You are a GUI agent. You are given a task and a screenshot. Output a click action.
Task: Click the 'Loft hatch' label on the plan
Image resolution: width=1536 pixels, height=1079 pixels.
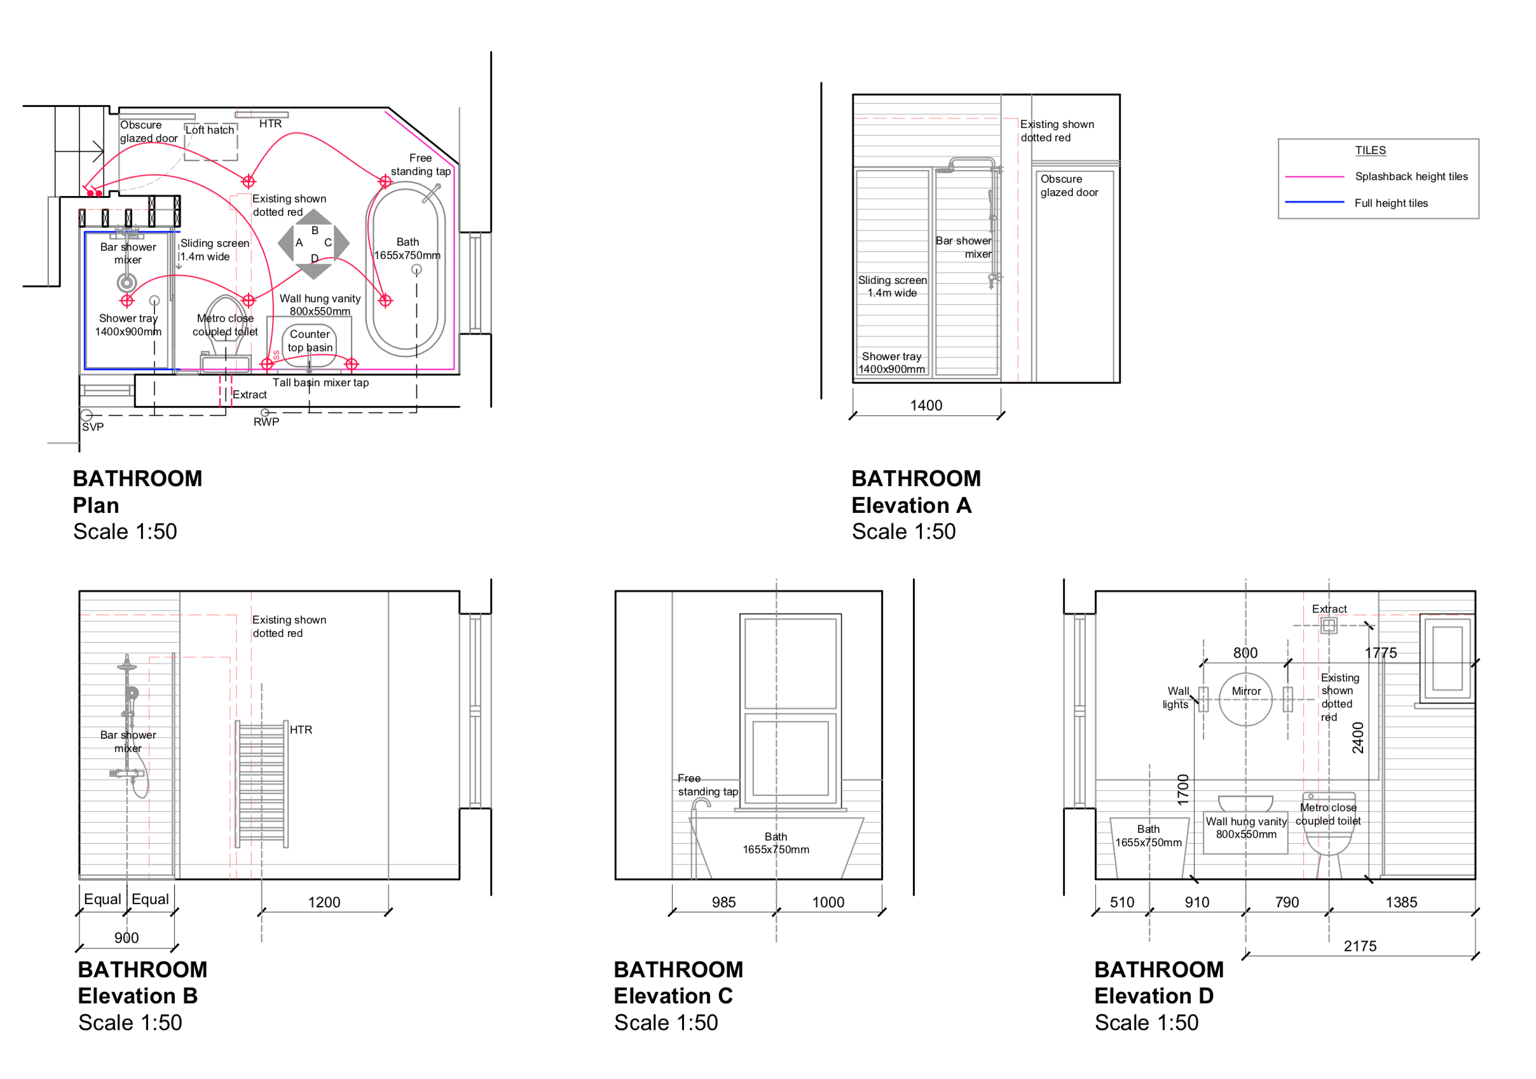[210, 130]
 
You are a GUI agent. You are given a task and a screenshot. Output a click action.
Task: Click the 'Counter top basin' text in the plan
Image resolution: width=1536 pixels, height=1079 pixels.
[310, 341]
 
